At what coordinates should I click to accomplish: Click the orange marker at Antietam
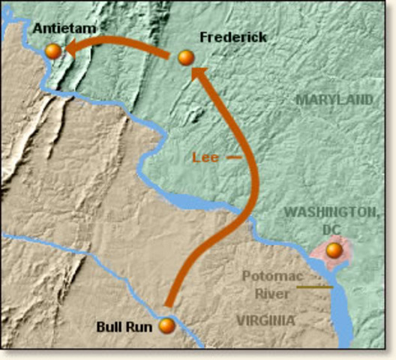pos(53,50)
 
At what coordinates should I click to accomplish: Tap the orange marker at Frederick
pos(187,57)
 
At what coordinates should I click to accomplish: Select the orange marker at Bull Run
pos(166,325)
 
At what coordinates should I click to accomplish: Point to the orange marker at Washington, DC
pos(334,250)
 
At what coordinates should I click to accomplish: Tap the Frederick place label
pos(233,37)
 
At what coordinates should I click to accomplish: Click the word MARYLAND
pos(334,99)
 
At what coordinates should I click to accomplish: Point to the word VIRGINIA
pos(265,320)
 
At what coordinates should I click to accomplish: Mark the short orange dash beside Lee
pos(235,157)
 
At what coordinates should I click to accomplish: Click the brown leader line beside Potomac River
pos(313,286)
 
